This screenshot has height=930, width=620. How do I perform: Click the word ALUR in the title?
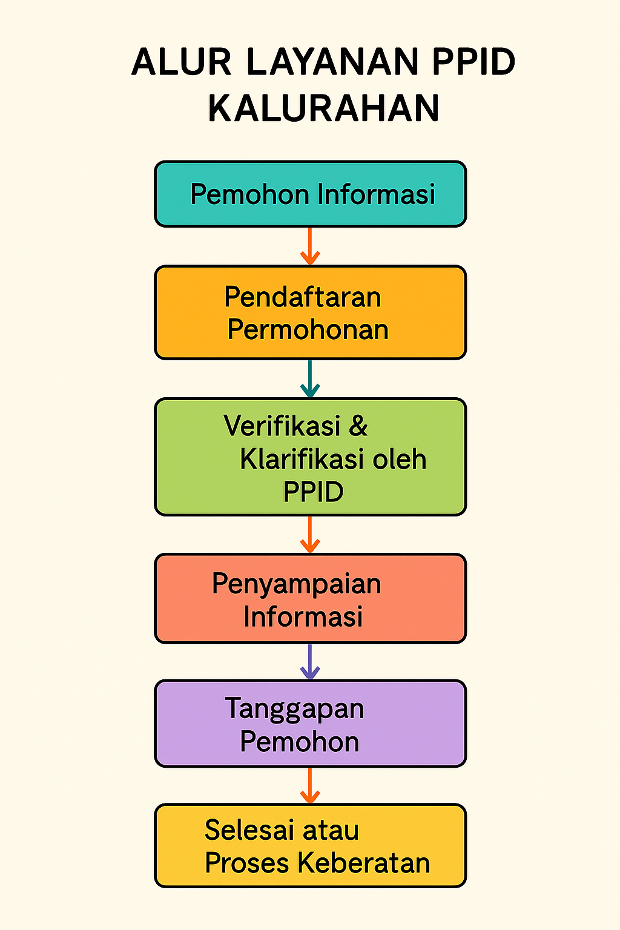pos(181,62)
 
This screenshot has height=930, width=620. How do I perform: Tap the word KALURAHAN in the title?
pos(323,108)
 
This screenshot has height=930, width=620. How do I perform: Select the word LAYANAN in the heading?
pos(332,62)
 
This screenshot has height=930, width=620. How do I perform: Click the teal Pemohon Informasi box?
pos(310,194)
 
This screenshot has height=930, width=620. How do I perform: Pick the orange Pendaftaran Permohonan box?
pos(310,312)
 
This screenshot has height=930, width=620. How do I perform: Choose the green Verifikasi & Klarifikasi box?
pos(310,457)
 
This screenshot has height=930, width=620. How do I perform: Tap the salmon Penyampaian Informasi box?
pos(310,599)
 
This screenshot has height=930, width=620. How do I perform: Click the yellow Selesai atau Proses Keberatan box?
pos(310,846)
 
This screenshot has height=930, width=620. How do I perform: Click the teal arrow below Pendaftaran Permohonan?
pos(310,378)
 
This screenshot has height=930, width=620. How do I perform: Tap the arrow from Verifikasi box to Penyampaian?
pos(310,535)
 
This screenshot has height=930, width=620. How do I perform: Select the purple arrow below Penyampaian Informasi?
pos(310,662)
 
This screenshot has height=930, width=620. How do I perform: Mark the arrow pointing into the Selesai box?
pos(310,785)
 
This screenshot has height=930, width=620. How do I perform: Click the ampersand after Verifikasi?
pos(358,426)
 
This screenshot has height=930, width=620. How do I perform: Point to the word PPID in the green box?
pos(314,492)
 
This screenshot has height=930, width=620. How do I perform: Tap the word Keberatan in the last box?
pos(364,863)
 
